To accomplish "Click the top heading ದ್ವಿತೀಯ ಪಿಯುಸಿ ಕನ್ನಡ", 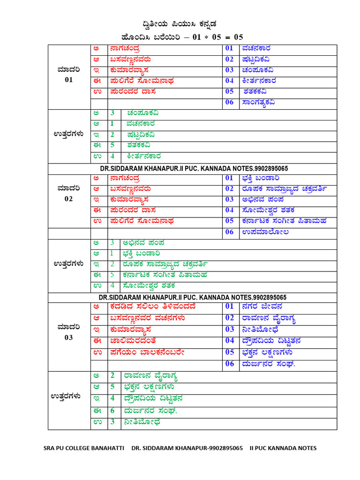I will point(180,24).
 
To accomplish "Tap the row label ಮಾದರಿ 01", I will point(69,75).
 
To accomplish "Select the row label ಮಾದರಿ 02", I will point(69,194).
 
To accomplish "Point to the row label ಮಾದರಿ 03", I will point(69,331).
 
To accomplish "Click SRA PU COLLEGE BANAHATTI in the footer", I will point(84,448).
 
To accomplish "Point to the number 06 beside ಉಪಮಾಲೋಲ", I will point(229,232).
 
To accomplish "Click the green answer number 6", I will point(112,410).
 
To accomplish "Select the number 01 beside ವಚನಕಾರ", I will point(229,48).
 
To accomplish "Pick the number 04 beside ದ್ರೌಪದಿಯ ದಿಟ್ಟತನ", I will point(230,341).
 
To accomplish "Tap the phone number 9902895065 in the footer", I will point(225,448).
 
